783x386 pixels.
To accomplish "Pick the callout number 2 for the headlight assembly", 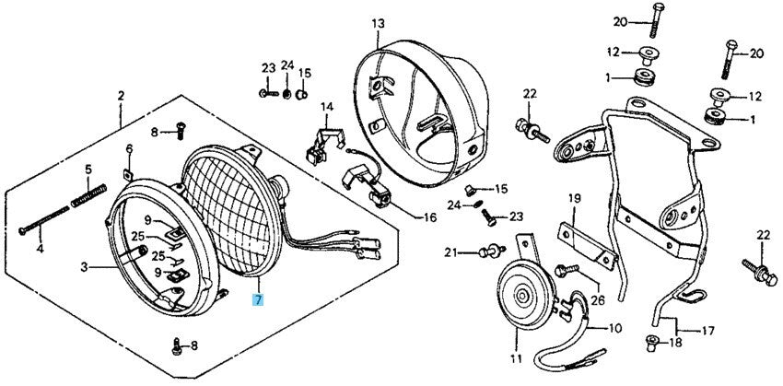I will (121, 96).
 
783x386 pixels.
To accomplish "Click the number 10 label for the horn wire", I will (615, 327).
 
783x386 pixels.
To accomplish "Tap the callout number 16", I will (429, 218).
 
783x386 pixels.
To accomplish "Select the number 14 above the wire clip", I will (325, 108).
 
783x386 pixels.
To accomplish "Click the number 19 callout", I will (573, 199).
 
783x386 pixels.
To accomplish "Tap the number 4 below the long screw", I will (40, 249).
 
